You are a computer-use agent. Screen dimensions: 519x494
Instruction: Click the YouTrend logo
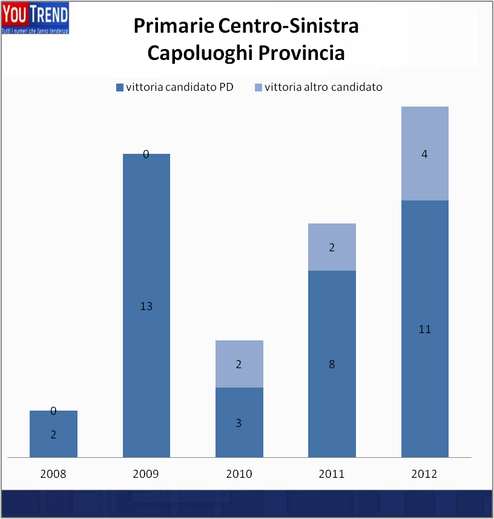point(35,18)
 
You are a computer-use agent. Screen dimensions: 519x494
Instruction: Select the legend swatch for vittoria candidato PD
point(119,87)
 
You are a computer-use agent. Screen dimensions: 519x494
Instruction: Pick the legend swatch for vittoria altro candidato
point(259,87)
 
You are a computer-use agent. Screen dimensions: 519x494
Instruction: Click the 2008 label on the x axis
point(53,474)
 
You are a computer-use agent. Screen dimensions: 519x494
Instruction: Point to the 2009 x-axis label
point(146,474)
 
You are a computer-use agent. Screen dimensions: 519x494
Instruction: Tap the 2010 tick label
point(239,474)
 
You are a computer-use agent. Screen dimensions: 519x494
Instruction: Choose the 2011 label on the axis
point(332,474)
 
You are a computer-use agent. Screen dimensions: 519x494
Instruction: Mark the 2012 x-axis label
point(424,474)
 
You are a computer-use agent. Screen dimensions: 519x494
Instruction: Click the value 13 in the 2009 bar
point(146,306)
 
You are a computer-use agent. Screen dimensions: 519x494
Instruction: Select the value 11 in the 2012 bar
point(424,329)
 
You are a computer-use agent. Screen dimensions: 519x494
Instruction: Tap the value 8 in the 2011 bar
point(332,365)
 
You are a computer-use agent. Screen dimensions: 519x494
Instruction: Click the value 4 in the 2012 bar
point(424,154)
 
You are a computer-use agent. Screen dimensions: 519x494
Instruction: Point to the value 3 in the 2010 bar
point(239,423)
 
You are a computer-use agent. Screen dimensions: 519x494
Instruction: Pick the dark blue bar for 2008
point(53,442)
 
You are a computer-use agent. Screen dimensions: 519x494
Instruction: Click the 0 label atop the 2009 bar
point(146,154)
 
